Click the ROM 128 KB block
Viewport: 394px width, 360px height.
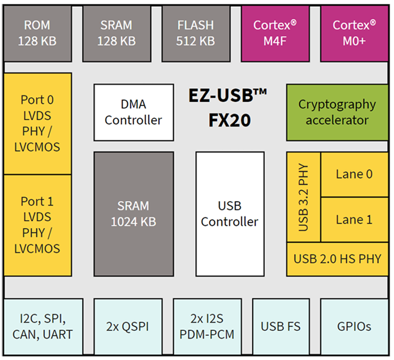[37, 33]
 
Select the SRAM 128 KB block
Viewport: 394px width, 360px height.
[116, 33]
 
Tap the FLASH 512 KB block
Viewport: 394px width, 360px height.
[196, 33]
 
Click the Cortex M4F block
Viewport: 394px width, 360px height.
[275, 33]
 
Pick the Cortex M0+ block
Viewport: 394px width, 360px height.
[354, 33]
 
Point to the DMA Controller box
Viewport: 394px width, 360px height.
[133, 112]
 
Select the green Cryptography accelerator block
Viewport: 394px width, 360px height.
[337, 112]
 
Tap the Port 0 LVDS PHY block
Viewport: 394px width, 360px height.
[37, 124]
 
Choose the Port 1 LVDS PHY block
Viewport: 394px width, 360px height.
[37, 225]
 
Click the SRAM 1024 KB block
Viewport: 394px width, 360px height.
[133, 213]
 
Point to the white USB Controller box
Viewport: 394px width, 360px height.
[229, 213]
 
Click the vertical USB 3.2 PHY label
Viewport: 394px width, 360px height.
[304, 197]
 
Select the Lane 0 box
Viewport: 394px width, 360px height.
[354, 174]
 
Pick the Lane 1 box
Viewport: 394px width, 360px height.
[354, 220]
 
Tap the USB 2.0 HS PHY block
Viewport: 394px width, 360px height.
[337, 259]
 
